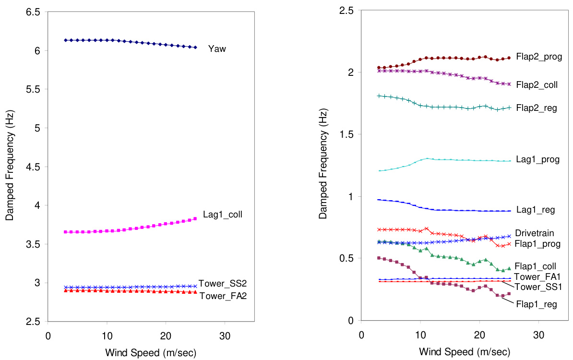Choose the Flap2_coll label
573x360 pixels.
pos(537,85)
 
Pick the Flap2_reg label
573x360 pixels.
pos(536,108)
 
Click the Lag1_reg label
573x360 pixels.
pos(535,210)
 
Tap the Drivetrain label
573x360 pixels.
pos(534,233)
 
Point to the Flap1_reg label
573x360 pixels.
pos(536,304)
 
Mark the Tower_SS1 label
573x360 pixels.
pos(537,287)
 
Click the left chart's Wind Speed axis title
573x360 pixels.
pos(151,353)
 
